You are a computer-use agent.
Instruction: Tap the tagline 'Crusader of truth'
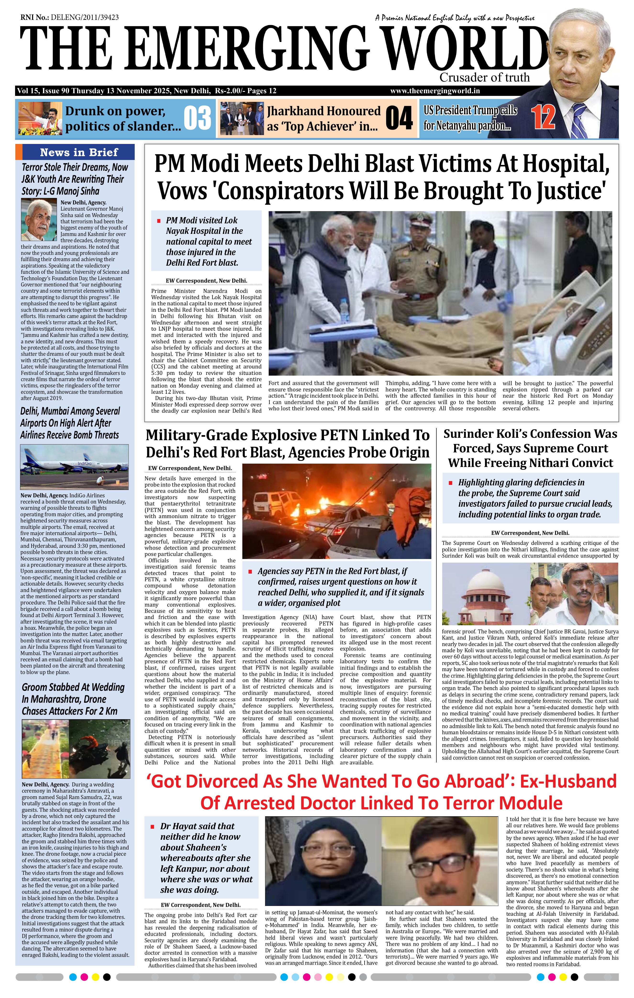pos(484,77)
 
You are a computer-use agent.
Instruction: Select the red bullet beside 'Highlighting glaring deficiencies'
pos(451,483)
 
